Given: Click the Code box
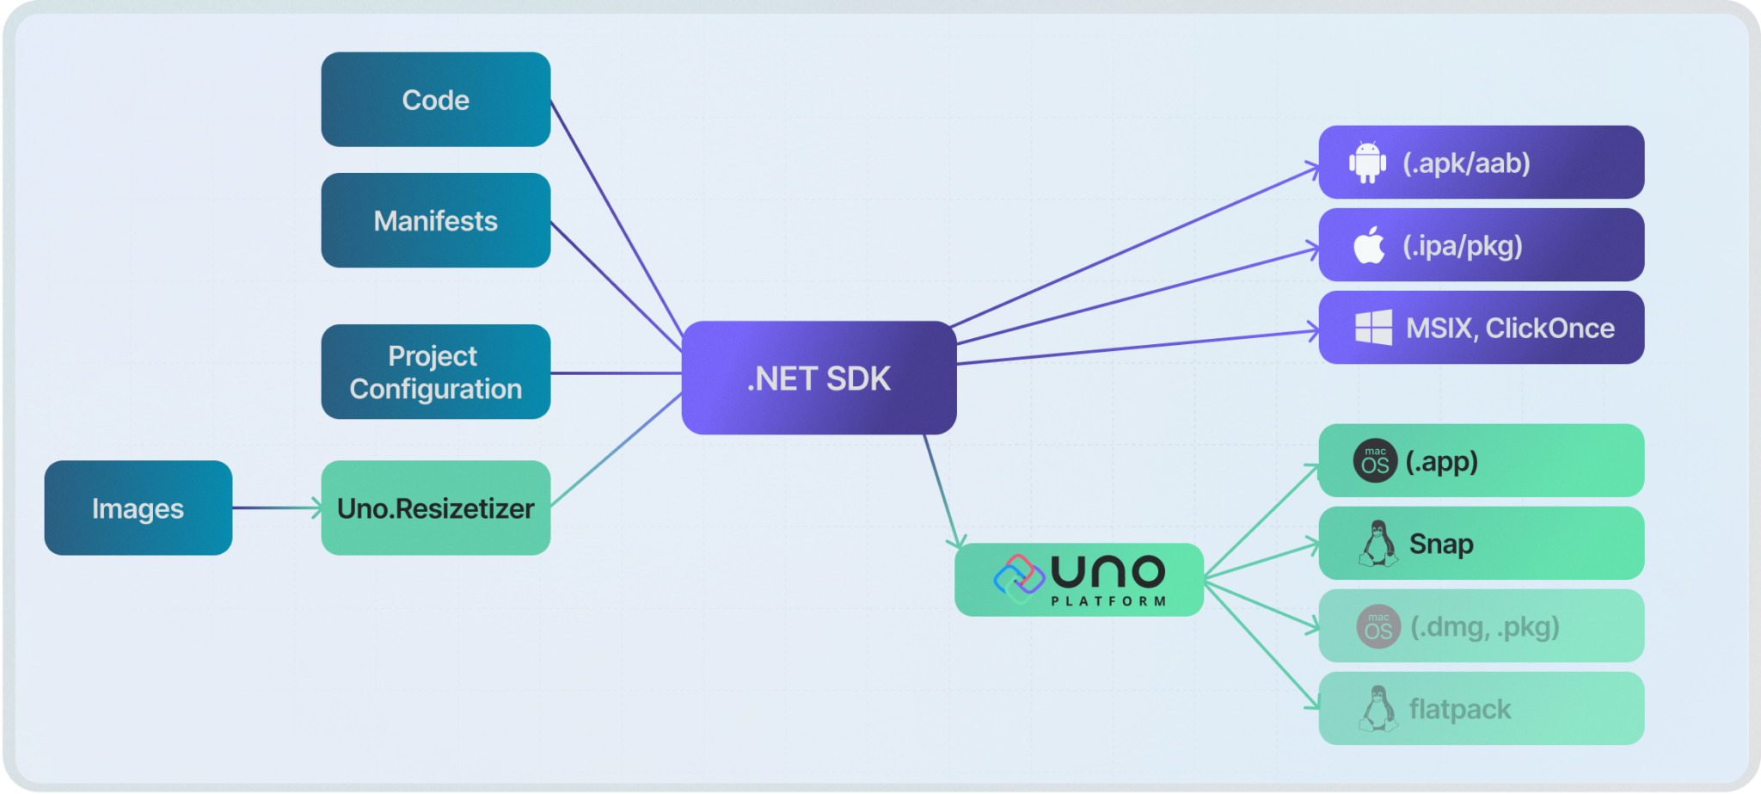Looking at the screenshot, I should point(435,100).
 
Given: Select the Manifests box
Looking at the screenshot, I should point(435,221).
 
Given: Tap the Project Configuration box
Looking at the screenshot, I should point(435,372).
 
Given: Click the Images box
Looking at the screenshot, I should point(138,508).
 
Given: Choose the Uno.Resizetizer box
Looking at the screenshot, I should point(435,508).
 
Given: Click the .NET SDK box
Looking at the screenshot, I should point(819,378).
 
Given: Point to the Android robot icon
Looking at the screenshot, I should point(1367,163).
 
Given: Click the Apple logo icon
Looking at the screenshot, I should point(1369,246).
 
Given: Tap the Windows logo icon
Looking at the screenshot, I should point(1373,328).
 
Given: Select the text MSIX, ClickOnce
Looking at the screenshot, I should point(1510,328).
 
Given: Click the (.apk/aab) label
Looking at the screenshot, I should point(1466,163).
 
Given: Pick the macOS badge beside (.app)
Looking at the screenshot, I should point(1375,461).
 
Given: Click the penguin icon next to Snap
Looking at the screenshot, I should point(1378,544).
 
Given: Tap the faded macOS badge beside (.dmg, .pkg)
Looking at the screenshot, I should point(1378,627).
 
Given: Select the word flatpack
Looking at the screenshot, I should point(1459,709).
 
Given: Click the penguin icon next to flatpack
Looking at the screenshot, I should point(1378,709).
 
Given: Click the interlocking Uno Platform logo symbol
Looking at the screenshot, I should point(1019,578).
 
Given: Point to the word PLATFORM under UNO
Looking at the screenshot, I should point(1108,601).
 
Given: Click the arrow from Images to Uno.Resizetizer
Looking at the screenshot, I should point(276,508).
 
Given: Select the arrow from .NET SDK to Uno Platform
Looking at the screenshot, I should point(941,490).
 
